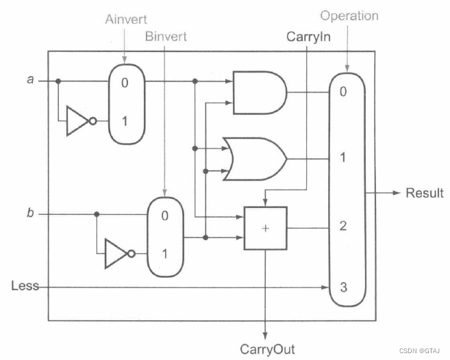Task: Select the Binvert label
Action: pyautogui.click(x=165, y=36)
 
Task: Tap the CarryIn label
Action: pyautogui.click(x=308, y=36)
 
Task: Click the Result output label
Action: pyautogui.click(x=425, y=192)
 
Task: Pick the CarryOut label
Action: pyautogui.click(x=267, y=349)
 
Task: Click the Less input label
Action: pyautogui.click(x=25, y=285)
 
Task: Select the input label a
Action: pyautogui.click(x=30, y=79)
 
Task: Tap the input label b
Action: pyautogui.click(x=30, y=214)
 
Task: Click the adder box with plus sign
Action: pyautogui.click(x=265, y=228)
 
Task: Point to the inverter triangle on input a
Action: pyautogui.click(x=77, y=121)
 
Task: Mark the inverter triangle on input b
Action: pyautogui.click(x=116, y=254)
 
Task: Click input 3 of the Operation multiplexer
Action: pyautogui.click(x=343, y=287)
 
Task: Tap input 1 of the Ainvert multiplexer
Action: pyautogui.click(x=125, y=121)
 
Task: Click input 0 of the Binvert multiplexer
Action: pyautogui.click(x=164, y=216)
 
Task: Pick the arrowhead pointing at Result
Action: pyautogui.click(x=395, y=192)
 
